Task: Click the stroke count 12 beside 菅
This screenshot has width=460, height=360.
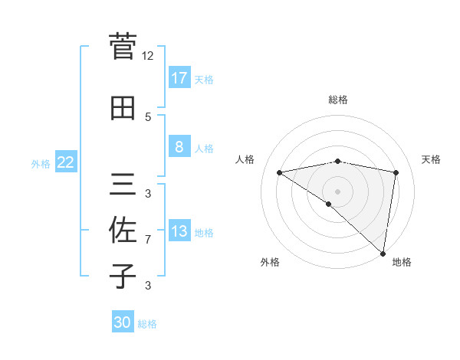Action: [x=148, y=56]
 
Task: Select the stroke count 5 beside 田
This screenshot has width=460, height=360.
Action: [x=148, y=116]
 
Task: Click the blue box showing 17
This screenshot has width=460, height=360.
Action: [x=179, y=77]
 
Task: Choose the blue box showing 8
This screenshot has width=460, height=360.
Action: [x=179, y=147]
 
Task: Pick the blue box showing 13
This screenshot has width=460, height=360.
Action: [x=179, y=231]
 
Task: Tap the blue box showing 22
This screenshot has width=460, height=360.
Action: [x=66, y=162]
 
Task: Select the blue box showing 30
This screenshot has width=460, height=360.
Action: [x=123, y=322]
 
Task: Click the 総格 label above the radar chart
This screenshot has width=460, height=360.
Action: [x=338, y=100]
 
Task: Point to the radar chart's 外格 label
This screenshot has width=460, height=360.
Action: [x=270, y=262]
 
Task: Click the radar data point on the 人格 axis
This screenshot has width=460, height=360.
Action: [x=280, y=172]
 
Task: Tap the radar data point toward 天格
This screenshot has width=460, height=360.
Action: [x=396, y=172]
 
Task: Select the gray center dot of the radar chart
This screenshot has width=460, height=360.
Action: [x=338, y=191]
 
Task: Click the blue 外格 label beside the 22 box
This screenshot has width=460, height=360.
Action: [x=41, y=163]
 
